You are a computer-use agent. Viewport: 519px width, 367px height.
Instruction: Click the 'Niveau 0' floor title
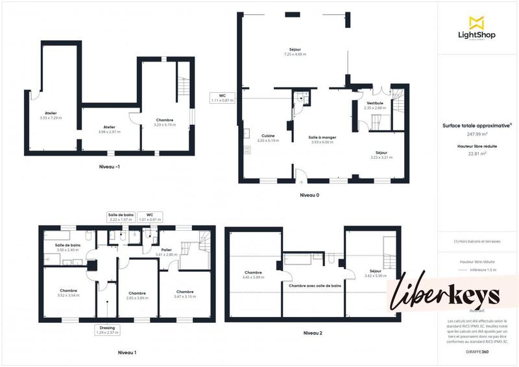point(309,195)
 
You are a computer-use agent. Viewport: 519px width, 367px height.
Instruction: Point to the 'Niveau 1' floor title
point(127,353)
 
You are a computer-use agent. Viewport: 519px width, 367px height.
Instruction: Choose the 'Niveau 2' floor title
point(312,333)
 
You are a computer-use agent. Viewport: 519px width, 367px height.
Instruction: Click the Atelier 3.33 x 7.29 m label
point(51,115)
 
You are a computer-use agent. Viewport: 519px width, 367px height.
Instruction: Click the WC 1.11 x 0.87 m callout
point(222,98)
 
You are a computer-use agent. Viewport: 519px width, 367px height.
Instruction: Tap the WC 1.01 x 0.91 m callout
point(149,217)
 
